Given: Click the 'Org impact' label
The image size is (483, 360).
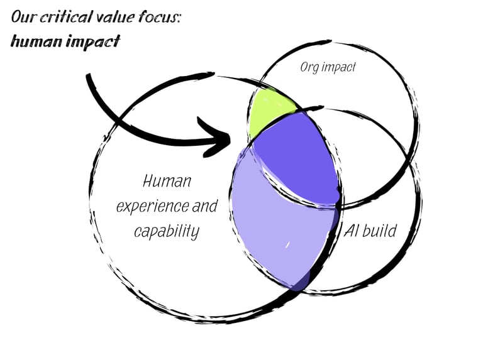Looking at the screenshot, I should (x=327, y=67).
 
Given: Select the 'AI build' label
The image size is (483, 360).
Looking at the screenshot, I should (x=370, y=231).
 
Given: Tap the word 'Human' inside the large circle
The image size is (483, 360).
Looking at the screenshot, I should (x=167, y=182).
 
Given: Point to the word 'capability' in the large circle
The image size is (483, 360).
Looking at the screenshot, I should (x=167, y=231).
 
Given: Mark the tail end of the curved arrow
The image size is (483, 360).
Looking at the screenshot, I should (x=89, y=76).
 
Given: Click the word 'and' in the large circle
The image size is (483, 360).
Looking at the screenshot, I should (x=204, y=206).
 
